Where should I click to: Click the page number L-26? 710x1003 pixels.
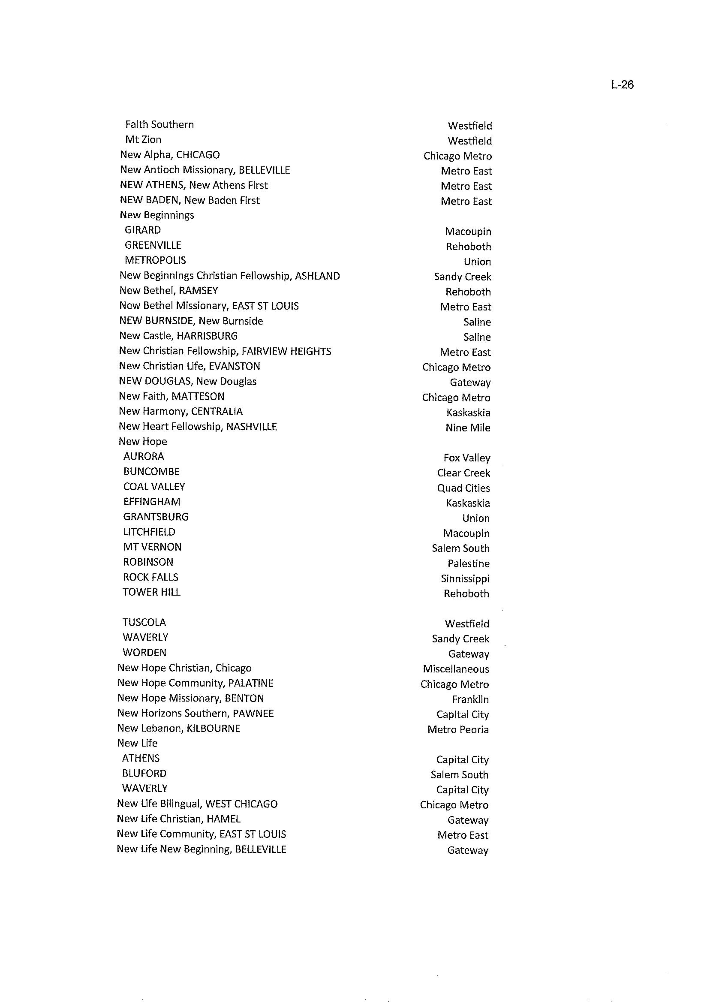[x=622, y=84]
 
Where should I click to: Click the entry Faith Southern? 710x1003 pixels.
[x=159, y=125]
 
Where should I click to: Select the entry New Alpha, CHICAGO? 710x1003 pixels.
[x=170, y=155]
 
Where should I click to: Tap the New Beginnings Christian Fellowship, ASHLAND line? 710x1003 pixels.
[x=229, y=276]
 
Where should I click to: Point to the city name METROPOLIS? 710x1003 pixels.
[x=155, y=260]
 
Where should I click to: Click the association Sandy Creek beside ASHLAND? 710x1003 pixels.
[x=463, y=277]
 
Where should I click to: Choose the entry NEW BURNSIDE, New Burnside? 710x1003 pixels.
[x=191, y=321]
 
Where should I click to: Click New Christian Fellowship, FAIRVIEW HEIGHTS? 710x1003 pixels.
[x=225, y=351]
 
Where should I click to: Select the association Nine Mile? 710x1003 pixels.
[x=468, y=428]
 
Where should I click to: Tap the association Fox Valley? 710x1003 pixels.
[x=466, y=458]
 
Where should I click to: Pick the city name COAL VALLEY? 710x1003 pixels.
[x=154, y=487]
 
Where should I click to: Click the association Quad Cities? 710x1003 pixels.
[x=463, y=488]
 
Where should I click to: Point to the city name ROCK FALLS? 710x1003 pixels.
[x=150, y=577]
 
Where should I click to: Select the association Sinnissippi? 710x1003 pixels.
[x=465, y=578]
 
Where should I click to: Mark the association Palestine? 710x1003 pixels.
[x=468, y=563]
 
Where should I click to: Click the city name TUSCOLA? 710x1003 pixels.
[x=144, y=622]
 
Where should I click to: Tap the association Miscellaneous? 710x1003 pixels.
[x=456, y=669]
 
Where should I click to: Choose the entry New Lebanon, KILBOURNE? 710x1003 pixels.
[x=179, y=729]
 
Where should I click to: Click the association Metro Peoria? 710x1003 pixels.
[x=458, y=729]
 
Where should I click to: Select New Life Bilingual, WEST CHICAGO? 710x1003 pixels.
[x=197, y=804]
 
